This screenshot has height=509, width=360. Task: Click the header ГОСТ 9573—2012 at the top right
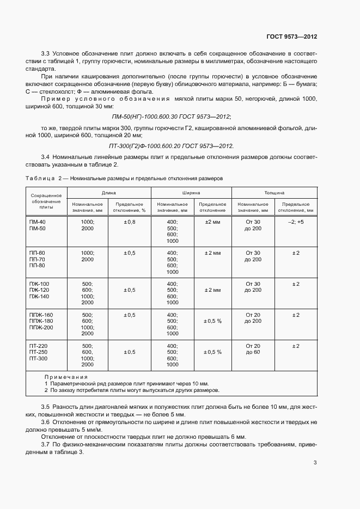point(291,37)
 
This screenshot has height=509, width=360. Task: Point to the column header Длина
point(108,193)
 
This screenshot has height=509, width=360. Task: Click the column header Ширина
point(191,193)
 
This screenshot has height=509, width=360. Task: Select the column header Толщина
point(274,193)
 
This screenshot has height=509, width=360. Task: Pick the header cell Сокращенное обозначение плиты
point(46,201)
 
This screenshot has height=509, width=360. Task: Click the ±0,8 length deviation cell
point(129,222)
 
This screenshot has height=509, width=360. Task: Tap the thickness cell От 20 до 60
point(253,349)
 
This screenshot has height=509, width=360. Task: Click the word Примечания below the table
point(66,377)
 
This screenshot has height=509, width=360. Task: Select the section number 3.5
point(46,407)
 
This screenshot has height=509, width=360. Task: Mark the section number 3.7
point(46,445)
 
